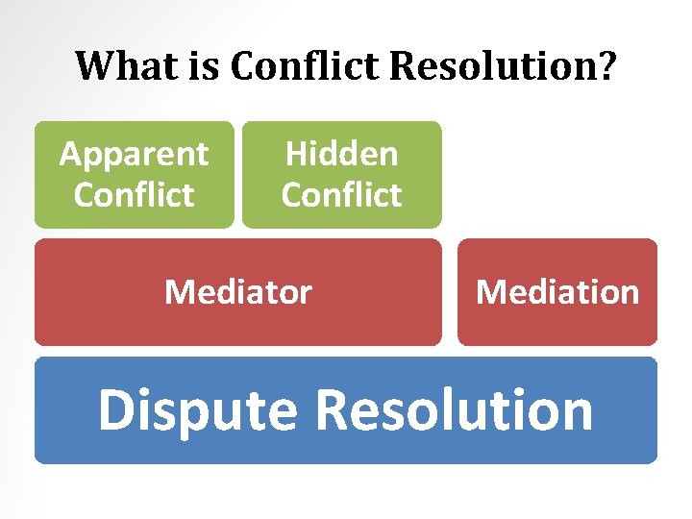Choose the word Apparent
pos(134,154)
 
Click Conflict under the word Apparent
pos(134,195)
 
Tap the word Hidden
pos(341,154)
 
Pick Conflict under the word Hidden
pos(341,195)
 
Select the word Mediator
pos(238,291)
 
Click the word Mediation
pos(557,291)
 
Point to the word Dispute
pos(198,410)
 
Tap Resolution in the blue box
pos(454,410)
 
